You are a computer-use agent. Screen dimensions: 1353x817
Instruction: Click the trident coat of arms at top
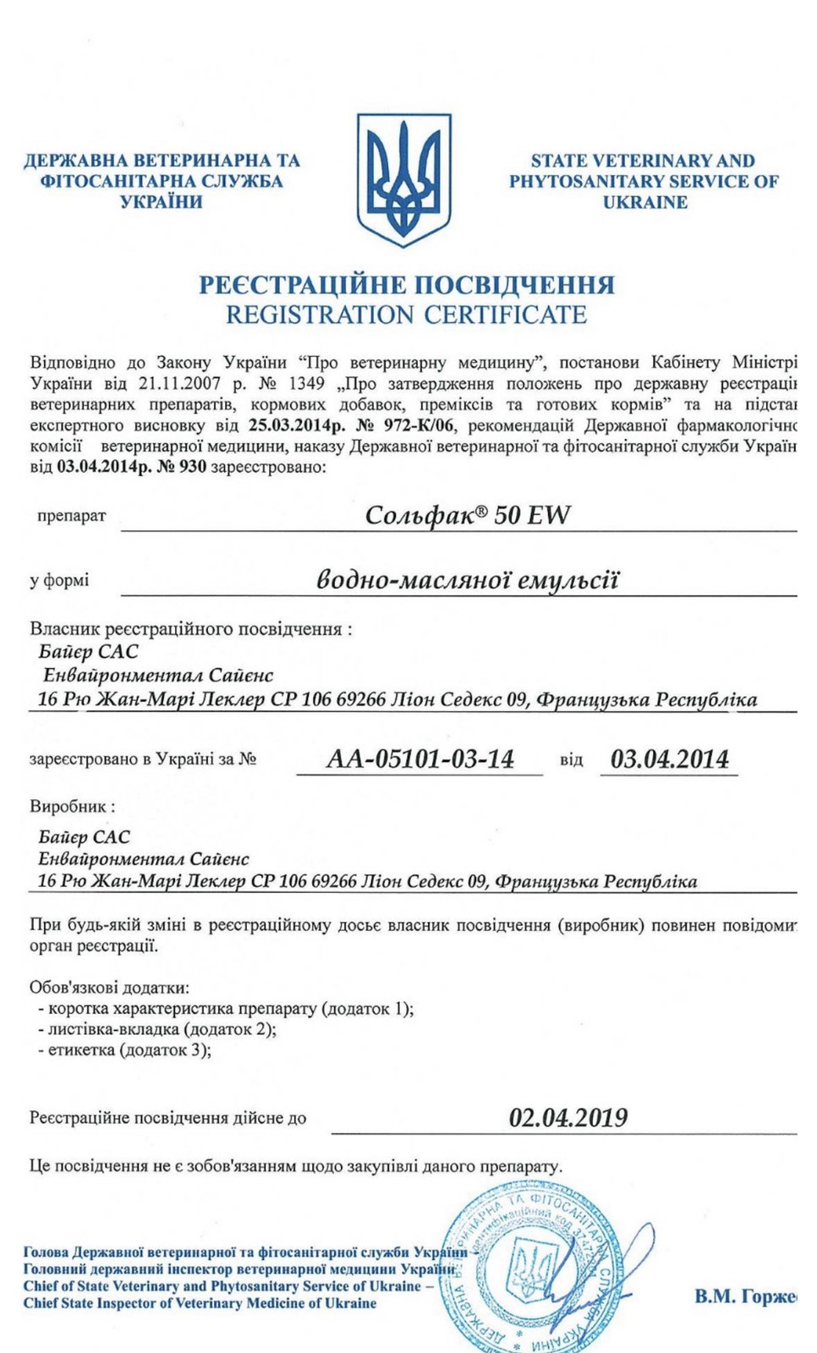click(x=404, y=179)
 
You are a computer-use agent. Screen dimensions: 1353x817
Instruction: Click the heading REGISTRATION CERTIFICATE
click(x=406, y=315)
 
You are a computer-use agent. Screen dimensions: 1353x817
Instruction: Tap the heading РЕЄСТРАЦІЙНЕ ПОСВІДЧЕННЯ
click(x=406, y=285)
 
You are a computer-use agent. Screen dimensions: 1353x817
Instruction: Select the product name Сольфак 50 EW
click(x=467, y=515)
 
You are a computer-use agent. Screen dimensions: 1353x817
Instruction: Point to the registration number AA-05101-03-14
click(x=420, y=759)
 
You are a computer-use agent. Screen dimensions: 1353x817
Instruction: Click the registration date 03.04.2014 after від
click(x=669, y=759)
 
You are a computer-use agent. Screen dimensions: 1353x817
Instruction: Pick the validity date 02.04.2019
click(x=568, y=1118)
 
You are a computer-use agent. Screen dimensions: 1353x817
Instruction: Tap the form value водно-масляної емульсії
click(x=467, y=580)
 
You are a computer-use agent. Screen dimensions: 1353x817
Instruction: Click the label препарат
click(x=72, y=516)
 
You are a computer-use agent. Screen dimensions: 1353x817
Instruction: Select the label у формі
click(x=59, y=581)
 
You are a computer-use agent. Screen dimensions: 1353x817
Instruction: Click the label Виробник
click(x=72, y=807)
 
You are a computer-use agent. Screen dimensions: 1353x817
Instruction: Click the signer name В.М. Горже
click(x=744, y=1296)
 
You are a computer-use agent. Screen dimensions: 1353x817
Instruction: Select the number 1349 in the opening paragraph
click(x=307, y=383)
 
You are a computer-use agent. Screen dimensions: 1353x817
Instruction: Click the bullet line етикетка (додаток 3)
click(x=124, y=1050)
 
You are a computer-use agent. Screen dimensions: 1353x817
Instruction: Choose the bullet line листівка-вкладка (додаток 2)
click(x=157, y=1029)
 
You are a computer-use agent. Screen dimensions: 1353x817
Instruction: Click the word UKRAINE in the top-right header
click(x=644, y=202)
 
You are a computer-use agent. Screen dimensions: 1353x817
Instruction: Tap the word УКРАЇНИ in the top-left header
click(x=161, y=202)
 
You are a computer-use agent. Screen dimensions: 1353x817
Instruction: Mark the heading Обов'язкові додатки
click(x=110, y=988)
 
